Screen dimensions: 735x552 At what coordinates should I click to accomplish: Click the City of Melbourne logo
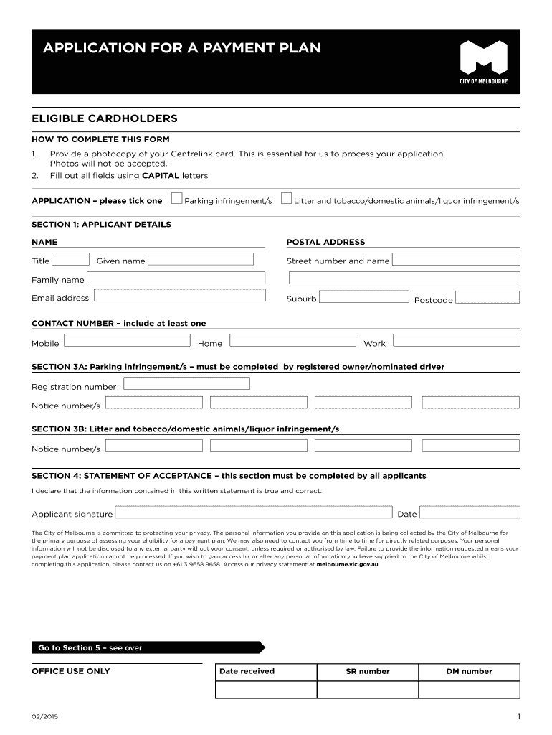pyautogui.click(x=483, y=62)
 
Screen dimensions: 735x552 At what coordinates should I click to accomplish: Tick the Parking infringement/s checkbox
pyautogui.click(x=178, y=199)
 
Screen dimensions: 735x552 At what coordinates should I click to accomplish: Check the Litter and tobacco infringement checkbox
pyautogui.click(x=287, y=199)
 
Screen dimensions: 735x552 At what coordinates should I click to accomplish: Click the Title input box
pyautogui.click(x=72, y=260)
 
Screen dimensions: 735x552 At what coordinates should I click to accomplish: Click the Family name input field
pyautogui.click(x=176, y=278)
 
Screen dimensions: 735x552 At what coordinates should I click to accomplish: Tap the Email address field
pyautogui.click(x=179, y=295)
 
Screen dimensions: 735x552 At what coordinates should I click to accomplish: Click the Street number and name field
pyautogui.click(x=457, y=260)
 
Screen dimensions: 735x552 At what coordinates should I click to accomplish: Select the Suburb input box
pyautogui.click(x=364, y=296)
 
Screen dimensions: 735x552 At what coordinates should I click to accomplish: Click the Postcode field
pyautogui.click(x=487, y=297)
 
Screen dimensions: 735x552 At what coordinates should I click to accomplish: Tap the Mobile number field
pyautogui.click(x=127, y=341)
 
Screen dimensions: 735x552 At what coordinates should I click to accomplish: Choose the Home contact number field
pyautogui.click(x=292, y=341)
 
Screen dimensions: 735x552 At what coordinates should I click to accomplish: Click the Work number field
pyautogui.click(x=457, y=341)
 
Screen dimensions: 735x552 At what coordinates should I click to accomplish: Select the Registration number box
pyautogui.click(x=187, y=384)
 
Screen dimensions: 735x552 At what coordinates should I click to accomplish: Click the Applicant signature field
pyautogui.click(x=254, y=512)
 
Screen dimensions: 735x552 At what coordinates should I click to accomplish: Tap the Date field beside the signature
pyautogui.click(x=470, y=512)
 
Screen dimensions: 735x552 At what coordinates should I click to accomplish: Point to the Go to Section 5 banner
pyautogui.click(x=147, y=647)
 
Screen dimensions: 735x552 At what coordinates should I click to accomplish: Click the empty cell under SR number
pyautogui.click(x=367, y=689)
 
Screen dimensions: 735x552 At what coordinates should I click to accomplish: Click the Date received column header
pyautogui.click(x=247, y=671)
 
